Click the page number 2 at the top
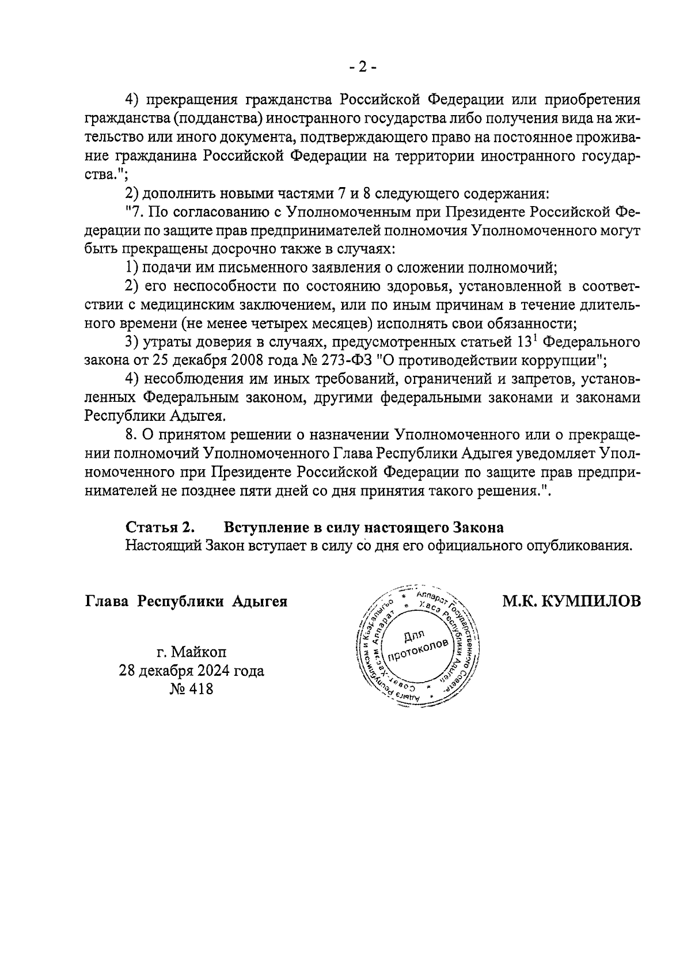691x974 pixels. (x=363, y=68)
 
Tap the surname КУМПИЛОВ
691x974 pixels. (x=592, y=602)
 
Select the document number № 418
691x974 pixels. (x=191, y=688)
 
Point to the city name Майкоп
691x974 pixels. (x=199, y=652)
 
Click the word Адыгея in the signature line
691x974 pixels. (x=260, y=602)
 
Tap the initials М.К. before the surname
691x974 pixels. (x=520, y=602)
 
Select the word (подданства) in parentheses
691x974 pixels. (x=212, y=119)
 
